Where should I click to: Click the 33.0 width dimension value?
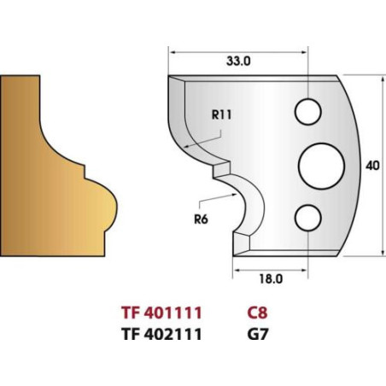(238, 61)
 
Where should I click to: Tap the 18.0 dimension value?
(271, 279)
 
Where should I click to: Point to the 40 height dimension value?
(372, 166)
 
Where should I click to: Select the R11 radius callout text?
(222, 115)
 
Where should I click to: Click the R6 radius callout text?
(201, 219)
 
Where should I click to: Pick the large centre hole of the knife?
(321, 167)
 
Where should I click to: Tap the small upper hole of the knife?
(308, 112)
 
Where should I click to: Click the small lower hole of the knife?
(308, 218)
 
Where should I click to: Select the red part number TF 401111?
(161, 313)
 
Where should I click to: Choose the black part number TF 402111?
(161, 334)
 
